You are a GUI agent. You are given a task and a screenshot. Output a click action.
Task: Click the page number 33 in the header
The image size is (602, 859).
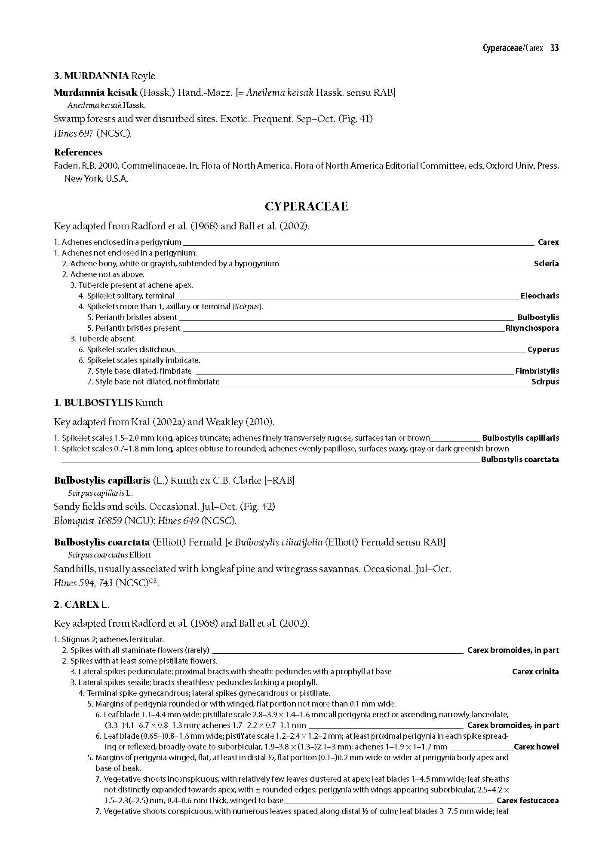click(554, 48)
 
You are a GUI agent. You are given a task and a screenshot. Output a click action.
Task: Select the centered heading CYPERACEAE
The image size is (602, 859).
click(306, 207)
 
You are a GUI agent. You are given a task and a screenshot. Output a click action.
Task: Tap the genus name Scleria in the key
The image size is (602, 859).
click(546, 264)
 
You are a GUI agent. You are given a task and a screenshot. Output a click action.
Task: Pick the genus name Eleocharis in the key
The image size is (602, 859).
click(540, 296)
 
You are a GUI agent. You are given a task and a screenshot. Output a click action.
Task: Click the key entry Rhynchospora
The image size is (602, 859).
click(532, 328)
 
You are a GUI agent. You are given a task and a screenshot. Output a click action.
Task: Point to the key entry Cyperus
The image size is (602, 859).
click(543, 350)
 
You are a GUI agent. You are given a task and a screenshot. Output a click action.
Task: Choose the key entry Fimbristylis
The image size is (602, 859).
click(537, 371)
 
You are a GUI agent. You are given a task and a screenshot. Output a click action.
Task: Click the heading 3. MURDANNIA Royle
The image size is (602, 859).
click(104, 76)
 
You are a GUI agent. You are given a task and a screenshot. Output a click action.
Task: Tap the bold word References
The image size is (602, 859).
click(78, 152)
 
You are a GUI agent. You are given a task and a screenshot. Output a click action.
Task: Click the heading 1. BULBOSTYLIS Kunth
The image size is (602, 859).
click(108, 402)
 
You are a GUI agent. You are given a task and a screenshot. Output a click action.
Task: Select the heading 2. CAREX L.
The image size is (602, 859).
click(82, 604)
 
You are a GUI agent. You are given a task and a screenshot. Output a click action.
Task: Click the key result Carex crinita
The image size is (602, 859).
click(535, 672)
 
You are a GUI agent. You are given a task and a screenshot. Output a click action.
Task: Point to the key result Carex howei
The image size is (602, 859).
click(536, 747)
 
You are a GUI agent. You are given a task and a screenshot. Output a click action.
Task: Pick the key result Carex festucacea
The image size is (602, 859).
click(528, 801)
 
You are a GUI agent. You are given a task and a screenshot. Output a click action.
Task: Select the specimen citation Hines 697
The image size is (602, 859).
click(74, 134)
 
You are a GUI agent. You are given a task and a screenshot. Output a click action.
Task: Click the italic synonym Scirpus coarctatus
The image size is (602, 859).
click(98, 555)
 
